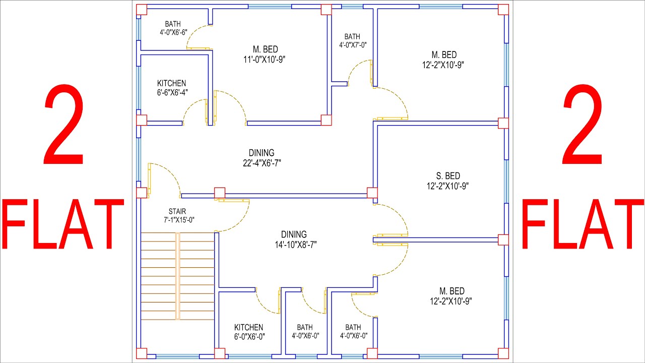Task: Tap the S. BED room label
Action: coord(448,176)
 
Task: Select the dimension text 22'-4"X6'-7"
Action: coord(262,163)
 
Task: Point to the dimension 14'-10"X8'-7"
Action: coord(294,245)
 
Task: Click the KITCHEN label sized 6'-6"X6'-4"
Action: coord(171,83)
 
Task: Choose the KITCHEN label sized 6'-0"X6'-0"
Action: coord(248,327)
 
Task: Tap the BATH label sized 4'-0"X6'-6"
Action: coord(172,24)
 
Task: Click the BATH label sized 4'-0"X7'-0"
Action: coord(352,36)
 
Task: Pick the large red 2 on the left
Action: coord(63,126)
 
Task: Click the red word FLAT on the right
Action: coord(582,224)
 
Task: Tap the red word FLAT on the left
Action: coord(63,224)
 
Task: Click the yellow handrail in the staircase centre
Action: coord(177,276)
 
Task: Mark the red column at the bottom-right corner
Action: coord(503,353)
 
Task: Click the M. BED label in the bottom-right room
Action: coord(451,291)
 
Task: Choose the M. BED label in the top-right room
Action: coord(444,54)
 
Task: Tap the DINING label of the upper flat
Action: coord(262,153)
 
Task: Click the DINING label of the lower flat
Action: coord(294,234)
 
